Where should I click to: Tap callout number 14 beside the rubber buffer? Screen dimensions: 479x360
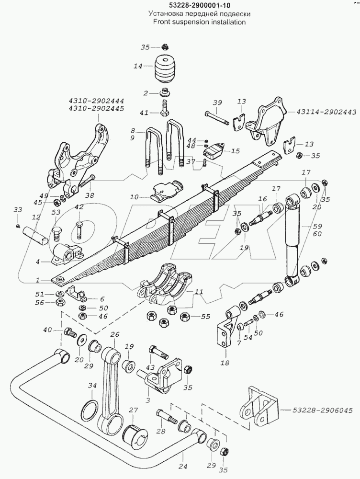click(138, 66)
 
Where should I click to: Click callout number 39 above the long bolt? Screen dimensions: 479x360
click(217, 103)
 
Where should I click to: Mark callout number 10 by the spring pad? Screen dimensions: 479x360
click(135, 196)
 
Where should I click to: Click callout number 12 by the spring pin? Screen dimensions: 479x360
click(35, 218)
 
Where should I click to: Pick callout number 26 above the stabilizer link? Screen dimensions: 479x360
click(114, 334)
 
